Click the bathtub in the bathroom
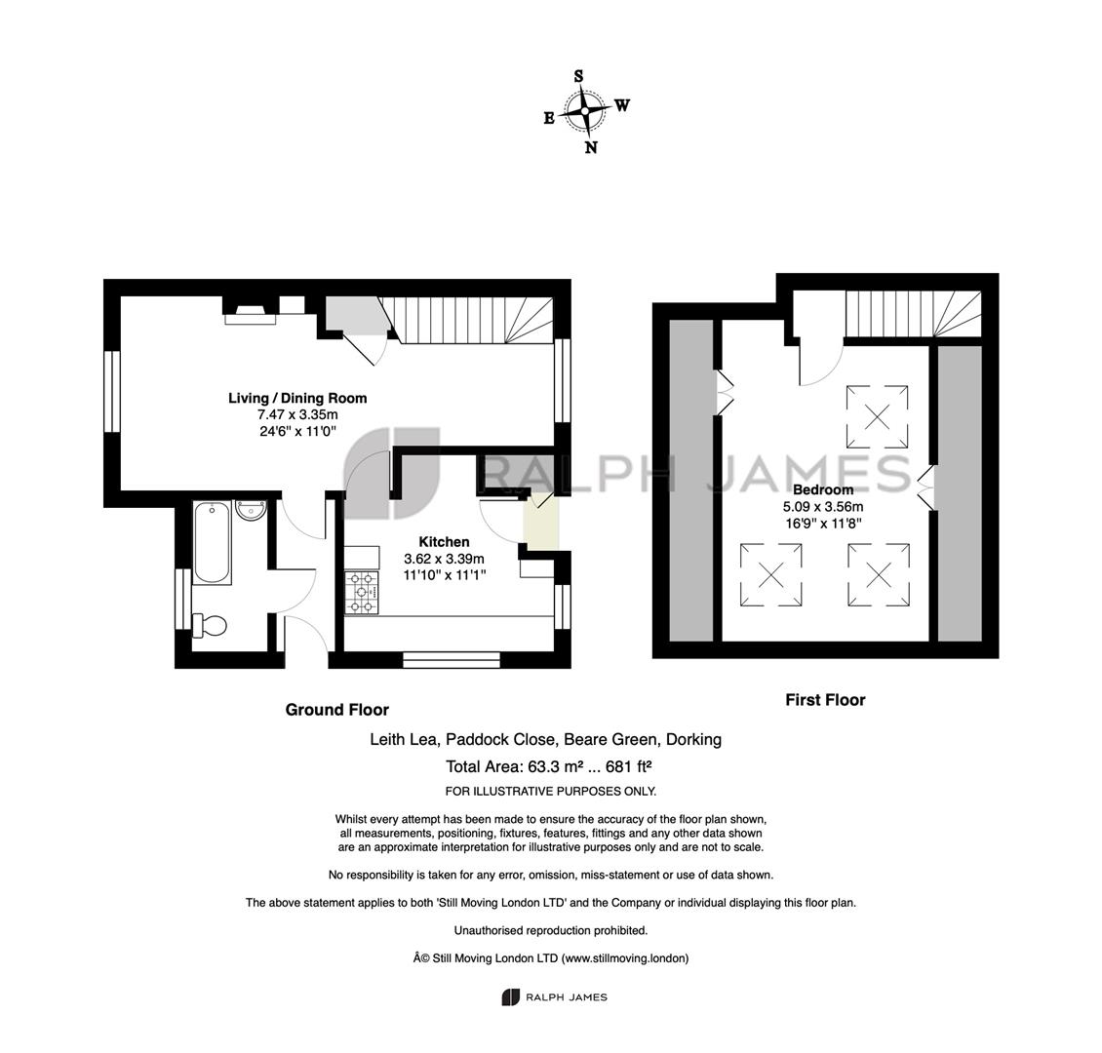212,542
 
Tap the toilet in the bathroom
210,625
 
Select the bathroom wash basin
251,510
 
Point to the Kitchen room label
444,541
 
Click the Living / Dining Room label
297,398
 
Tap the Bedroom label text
823,489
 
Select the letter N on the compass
591,147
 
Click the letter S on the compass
578,76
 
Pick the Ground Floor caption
336,710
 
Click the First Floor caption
825,700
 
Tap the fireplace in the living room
251,313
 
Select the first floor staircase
913,314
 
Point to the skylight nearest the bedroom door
877,416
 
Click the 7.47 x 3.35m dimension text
297,414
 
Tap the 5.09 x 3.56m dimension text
823,506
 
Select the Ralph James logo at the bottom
554,996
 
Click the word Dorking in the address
693,739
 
